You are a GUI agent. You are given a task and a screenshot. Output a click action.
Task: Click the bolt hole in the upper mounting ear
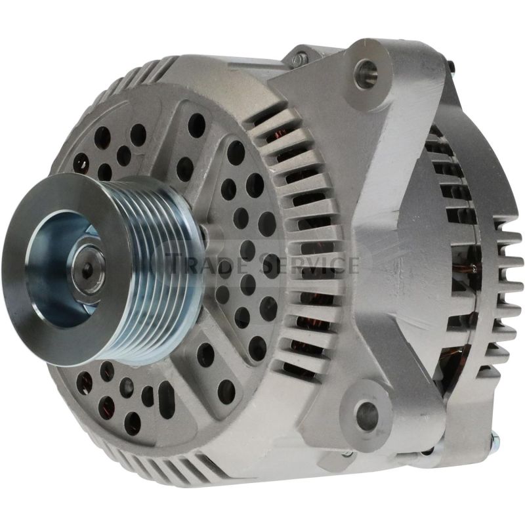(366, 70)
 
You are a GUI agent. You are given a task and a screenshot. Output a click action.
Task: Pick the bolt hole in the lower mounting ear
(367, 415)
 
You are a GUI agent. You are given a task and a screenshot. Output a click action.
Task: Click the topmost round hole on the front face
(196, 124)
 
